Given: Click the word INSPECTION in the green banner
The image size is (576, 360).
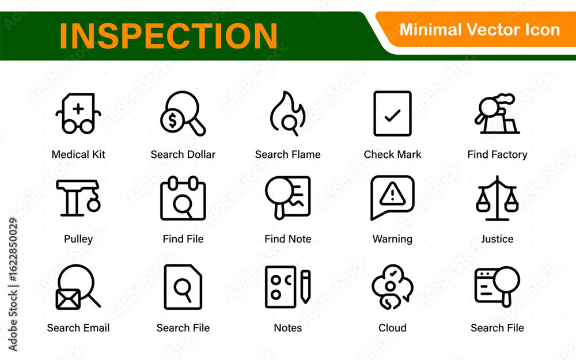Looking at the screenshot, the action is pos(168,36).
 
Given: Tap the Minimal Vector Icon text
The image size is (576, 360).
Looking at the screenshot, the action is pos(479,29).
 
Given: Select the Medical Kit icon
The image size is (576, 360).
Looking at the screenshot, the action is pos(78,113).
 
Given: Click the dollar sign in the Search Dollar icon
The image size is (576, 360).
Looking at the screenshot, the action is pos(172,120).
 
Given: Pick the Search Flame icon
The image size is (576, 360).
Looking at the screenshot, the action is pos(287,113).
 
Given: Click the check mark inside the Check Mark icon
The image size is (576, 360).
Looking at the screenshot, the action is pos(392,116).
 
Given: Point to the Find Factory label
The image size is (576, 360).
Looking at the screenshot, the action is pos(497,154).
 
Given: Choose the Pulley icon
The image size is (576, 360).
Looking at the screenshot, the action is pos(78,198).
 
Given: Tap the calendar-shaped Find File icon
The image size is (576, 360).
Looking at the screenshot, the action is pos(183,198).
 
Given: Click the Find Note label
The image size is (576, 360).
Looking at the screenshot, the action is pos(287,239).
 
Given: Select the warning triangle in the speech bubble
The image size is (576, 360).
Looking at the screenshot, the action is pos(392,194).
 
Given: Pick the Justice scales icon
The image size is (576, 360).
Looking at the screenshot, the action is pos(497,198).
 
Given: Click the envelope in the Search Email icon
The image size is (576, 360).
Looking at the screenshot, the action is pos(68,299).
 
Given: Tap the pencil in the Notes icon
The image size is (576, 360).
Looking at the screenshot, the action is pos(305,287).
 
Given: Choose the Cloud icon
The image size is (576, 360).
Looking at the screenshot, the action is pos(392,287).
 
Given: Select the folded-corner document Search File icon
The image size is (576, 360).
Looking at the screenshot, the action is pos(183,287).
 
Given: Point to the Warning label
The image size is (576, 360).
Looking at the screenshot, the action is pos(392,239).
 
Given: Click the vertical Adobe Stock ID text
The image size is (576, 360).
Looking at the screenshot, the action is pos(13,285).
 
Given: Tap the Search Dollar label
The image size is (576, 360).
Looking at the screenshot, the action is pos(183,154).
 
